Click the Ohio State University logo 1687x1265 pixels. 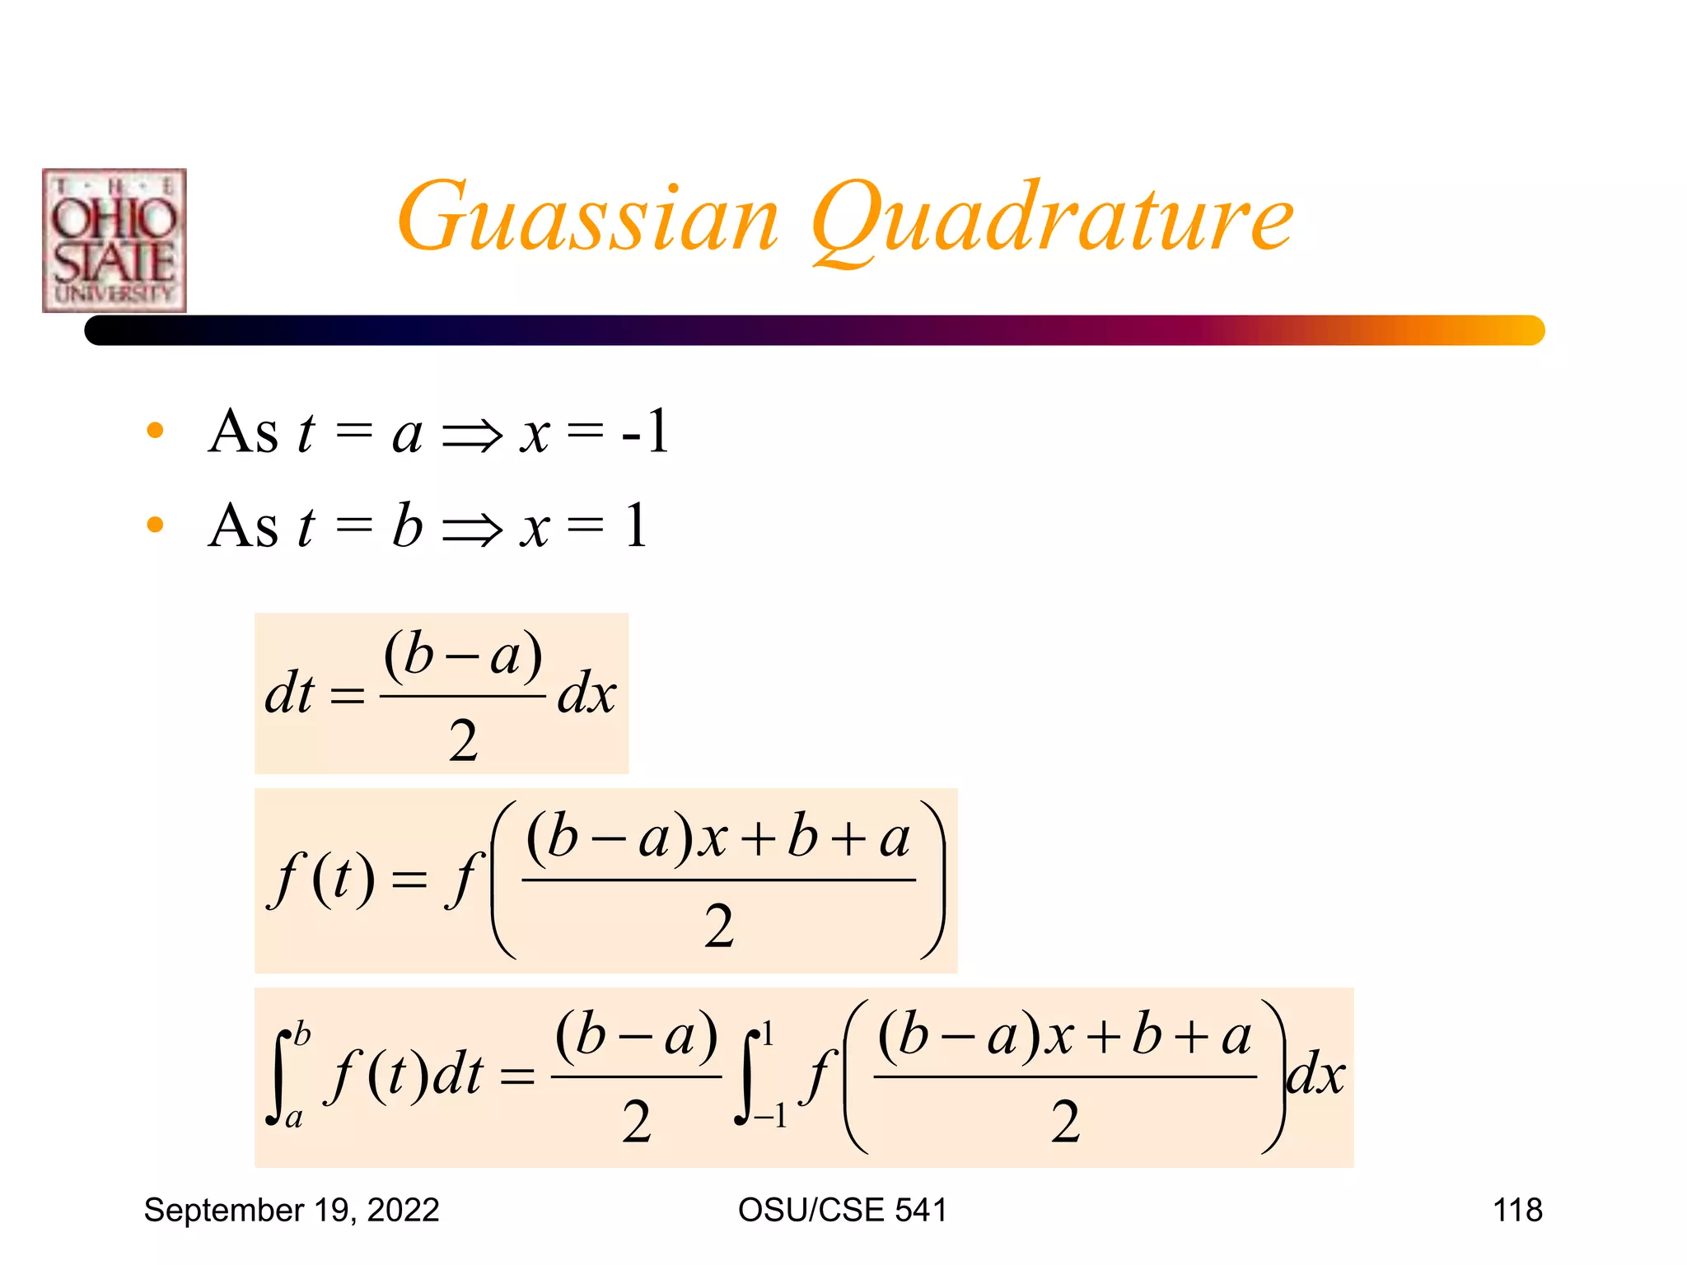point(114,240)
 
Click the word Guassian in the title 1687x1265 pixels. point(587,218)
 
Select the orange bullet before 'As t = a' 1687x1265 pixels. point(155,431)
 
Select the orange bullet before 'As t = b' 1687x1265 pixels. point(155,525)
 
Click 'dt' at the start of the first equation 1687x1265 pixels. point(289,693)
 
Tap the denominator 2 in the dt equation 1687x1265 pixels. point(463,740)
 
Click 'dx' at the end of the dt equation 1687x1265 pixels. point(586,693)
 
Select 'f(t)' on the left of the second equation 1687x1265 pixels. point(322,880)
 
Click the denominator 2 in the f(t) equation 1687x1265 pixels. point(718,926)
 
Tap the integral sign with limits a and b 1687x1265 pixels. point(278,1076)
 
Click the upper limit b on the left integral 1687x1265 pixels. point(302,1033)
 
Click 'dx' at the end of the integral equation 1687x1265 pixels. point(1315,1075)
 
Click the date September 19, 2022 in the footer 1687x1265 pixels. point(292,1210)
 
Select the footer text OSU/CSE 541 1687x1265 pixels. point(842,1210)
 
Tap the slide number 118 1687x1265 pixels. point(1517,1210)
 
